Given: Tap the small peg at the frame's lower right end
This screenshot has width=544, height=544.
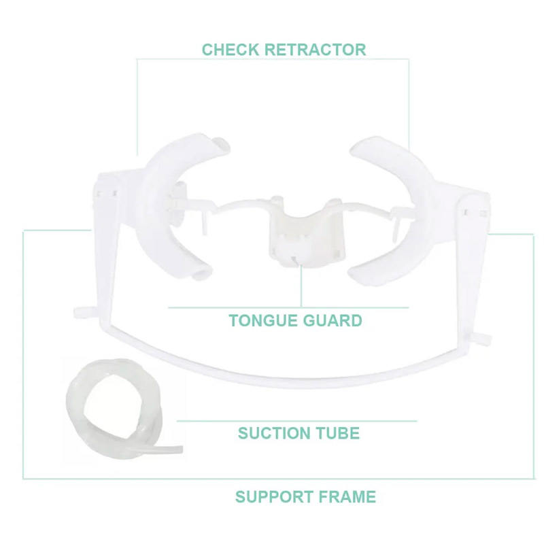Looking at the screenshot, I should tap(482, 337).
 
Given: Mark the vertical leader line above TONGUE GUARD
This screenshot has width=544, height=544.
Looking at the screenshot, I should tap(301, 286).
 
